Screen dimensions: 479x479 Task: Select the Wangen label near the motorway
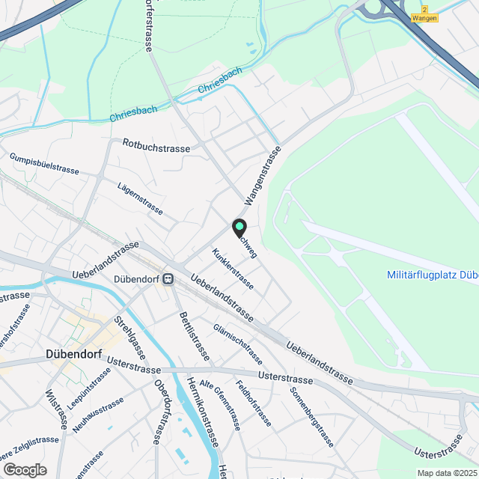click(x=425, y=18)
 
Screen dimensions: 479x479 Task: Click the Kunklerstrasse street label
click(x=233, y=269)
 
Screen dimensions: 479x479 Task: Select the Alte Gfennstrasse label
click(x=225, y=403)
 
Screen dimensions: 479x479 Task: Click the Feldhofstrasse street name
click(x=254, y=404)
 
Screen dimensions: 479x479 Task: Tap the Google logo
click(x=25, y=469)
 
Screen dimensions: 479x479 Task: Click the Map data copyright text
click(x=447, y=473)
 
